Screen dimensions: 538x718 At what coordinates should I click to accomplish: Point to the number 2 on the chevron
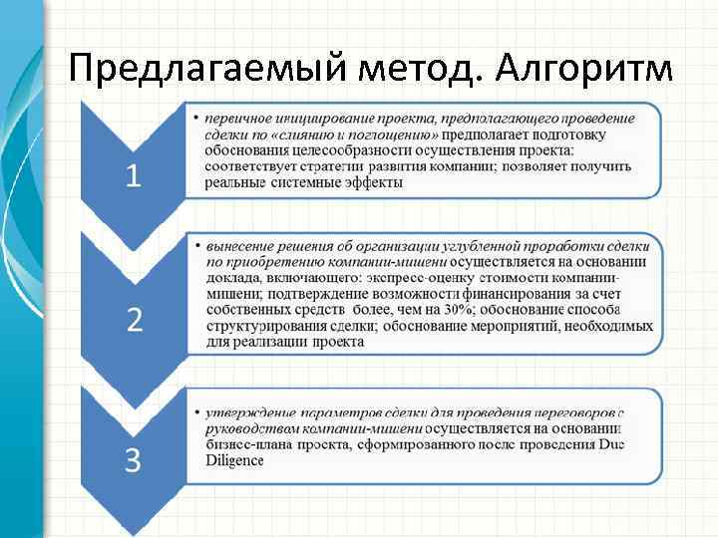(x=134, y=319)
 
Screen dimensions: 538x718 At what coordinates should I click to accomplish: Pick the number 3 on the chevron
(x=134, y=460)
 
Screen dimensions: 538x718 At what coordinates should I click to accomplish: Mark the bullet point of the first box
(x=197, y=119)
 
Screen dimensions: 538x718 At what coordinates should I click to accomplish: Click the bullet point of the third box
(x=197, y=411)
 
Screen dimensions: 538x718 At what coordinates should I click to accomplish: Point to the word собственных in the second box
(x=245, y=310)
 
